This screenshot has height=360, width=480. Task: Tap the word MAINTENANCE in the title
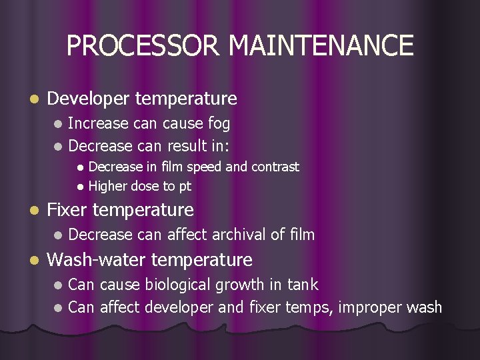point(321,45)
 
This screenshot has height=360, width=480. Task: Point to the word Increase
point(99,123)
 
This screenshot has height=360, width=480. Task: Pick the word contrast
point(275,167)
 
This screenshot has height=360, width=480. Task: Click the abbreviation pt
point(185,187)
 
